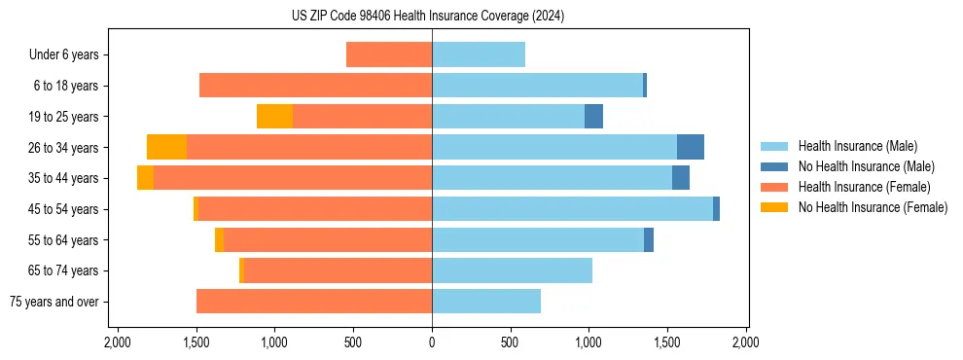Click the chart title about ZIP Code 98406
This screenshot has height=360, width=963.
click(x=427, y=17)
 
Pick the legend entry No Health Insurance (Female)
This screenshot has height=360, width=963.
click(x=873, y=207)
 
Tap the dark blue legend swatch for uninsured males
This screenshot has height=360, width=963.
click(x=773, y=166)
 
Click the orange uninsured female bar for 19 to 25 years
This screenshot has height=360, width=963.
click(x=274, y=117)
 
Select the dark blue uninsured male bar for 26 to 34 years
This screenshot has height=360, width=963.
click(x=690, y=147)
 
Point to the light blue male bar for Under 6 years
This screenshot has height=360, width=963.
click(x=479, y=54)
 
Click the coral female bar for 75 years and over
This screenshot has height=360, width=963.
click(x=314, y=302)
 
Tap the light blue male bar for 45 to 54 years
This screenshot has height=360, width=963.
click(x=572, y=209)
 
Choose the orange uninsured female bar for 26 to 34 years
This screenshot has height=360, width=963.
click(x=166, y=147)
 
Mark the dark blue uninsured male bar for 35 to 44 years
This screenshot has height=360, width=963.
click(x=680, y=178)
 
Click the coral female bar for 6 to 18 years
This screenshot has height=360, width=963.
click(x=316, y=86)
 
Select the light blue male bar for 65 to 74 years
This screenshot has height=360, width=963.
click(x=512, y=270)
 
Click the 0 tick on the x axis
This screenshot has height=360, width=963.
click(x=432, y=342)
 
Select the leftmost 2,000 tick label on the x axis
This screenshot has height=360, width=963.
click(x=117, y=342)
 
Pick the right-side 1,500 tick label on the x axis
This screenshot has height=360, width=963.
click(x=667, y=342)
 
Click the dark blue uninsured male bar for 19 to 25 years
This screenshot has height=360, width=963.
click(x=593, y=117)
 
